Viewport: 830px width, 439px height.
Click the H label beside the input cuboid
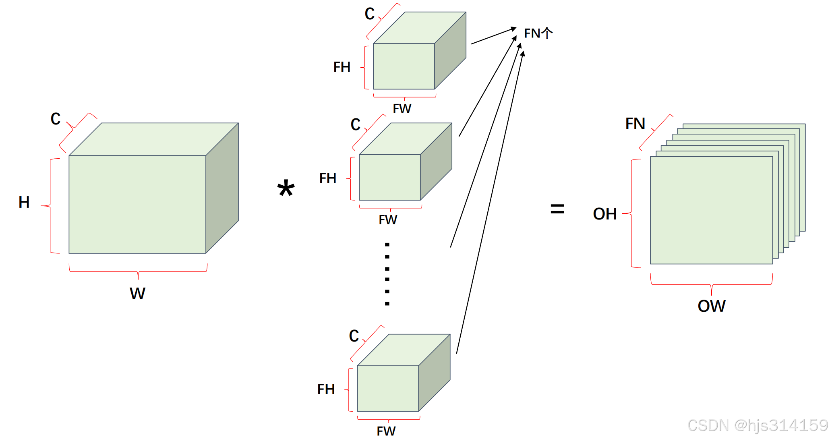pos(24,202)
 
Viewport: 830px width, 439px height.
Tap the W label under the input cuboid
pos(137,294)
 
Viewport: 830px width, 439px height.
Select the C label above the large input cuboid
pos(56,119)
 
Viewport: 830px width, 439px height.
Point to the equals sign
pos(557,209)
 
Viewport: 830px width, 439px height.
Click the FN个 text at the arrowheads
pos(538,33)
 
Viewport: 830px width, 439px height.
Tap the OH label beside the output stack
pos(604,214)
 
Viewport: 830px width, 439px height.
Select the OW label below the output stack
pos(712,306)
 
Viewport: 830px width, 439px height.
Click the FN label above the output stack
pos(635,124)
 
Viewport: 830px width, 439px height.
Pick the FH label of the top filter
pos(342,67)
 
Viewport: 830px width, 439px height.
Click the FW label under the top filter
pos(402,108)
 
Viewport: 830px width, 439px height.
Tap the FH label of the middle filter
pos(328,178)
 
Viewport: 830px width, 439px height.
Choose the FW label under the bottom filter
pos(386,431)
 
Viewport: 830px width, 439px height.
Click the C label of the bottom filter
pos(354,336)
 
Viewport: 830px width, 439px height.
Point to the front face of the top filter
pos(404,66)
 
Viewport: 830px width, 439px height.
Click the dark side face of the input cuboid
pos(222,187)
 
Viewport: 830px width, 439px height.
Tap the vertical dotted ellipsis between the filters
pos(387,274)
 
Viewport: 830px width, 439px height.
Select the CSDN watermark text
pos(757,425)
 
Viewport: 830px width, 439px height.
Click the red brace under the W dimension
pos(138,271)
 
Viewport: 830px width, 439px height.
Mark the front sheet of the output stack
pos(711,210)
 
